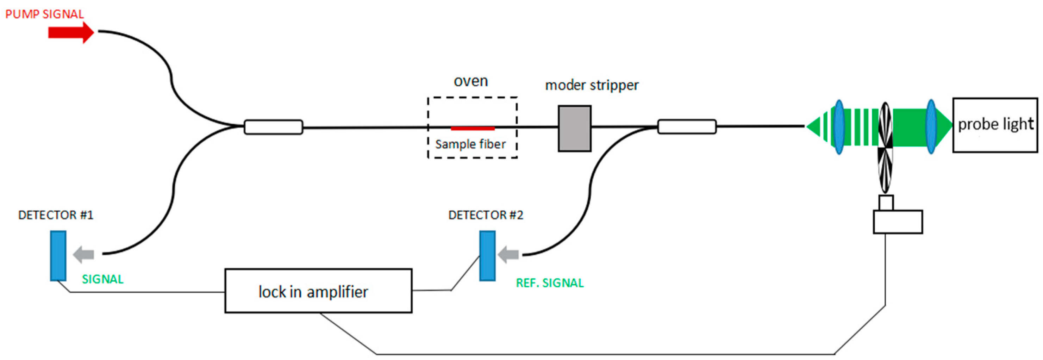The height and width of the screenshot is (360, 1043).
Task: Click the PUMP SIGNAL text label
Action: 44,14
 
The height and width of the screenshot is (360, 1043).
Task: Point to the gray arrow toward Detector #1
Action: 83,255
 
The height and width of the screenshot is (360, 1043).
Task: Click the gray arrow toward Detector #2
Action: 508,255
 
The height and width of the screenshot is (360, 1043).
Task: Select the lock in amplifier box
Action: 318,291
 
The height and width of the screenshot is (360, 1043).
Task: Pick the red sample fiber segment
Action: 473,128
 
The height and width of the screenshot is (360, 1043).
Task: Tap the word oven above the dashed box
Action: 470,81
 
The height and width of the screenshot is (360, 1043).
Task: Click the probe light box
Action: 995,125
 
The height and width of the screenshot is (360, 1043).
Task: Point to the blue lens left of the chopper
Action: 839,127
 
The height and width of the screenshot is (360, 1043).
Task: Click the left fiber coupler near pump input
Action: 273,127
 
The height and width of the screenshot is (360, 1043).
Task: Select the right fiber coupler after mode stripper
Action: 687,126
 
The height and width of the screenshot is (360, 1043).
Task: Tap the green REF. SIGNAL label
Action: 549,283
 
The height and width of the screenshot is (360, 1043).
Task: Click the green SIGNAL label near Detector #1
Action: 102,279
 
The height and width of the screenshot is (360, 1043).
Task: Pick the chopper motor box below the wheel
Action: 897,222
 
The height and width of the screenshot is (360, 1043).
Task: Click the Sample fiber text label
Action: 470,144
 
